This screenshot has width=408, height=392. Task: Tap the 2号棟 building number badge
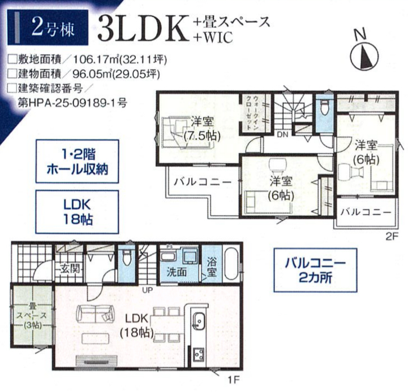(x=48, y=28)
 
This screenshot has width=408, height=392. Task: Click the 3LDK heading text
(x=143, y=28)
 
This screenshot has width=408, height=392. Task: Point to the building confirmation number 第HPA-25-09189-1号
(x=72, y=103)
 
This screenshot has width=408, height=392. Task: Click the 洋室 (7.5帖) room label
(x=202, y=129)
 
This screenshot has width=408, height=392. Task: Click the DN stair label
(x=282, y=134)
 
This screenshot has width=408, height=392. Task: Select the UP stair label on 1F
(x=147, y=290)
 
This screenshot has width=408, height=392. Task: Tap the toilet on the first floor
(x=127, y=257)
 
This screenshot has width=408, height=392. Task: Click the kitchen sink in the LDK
(x=199, y=322)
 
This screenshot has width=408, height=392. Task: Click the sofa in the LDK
(x=96, y=314)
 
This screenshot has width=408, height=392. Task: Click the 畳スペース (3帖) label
(x=32, y=316)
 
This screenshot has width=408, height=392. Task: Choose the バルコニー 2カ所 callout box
(x=315, y=270)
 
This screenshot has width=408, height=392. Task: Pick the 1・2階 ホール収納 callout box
(x=78, y=162)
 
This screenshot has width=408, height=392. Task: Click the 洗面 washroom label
(x=177, y=272)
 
